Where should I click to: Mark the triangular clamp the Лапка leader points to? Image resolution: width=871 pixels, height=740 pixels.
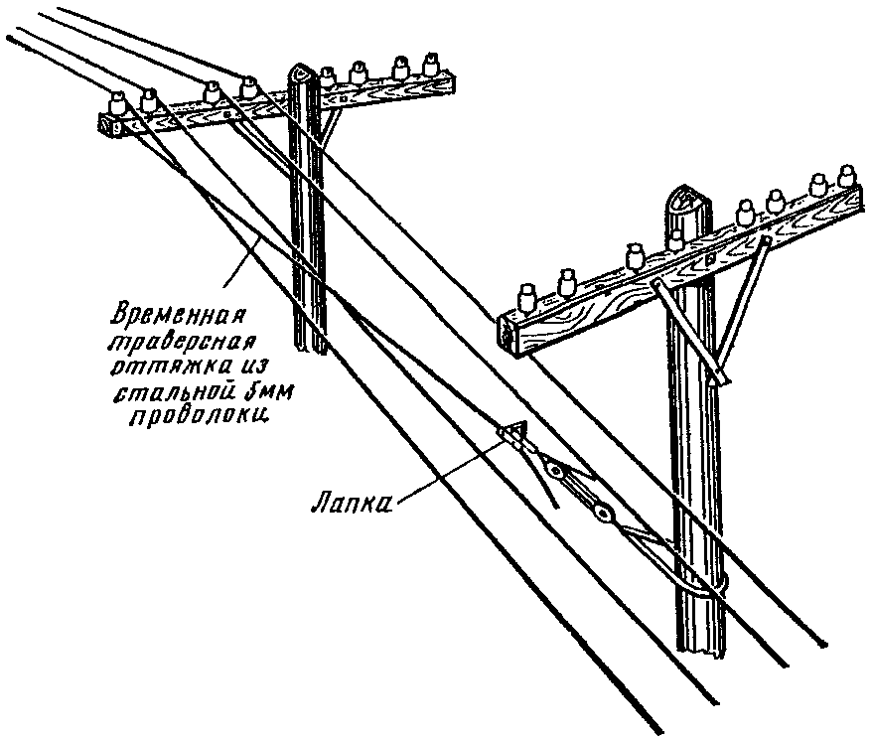(512, 432)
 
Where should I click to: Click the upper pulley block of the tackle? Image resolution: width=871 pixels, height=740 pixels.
(555, 471)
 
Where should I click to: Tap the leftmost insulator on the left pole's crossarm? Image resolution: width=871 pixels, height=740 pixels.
(116, 102)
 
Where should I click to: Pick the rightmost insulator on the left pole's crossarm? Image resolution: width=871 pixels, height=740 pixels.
(431, 64)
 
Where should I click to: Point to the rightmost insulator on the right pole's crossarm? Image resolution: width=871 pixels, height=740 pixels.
(846, 176)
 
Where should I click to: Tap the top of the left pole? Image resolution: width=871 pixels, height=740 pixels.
(302, 73)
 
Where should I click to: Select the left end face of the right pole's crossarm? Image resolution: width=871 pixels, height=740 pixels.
(508, 335)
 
